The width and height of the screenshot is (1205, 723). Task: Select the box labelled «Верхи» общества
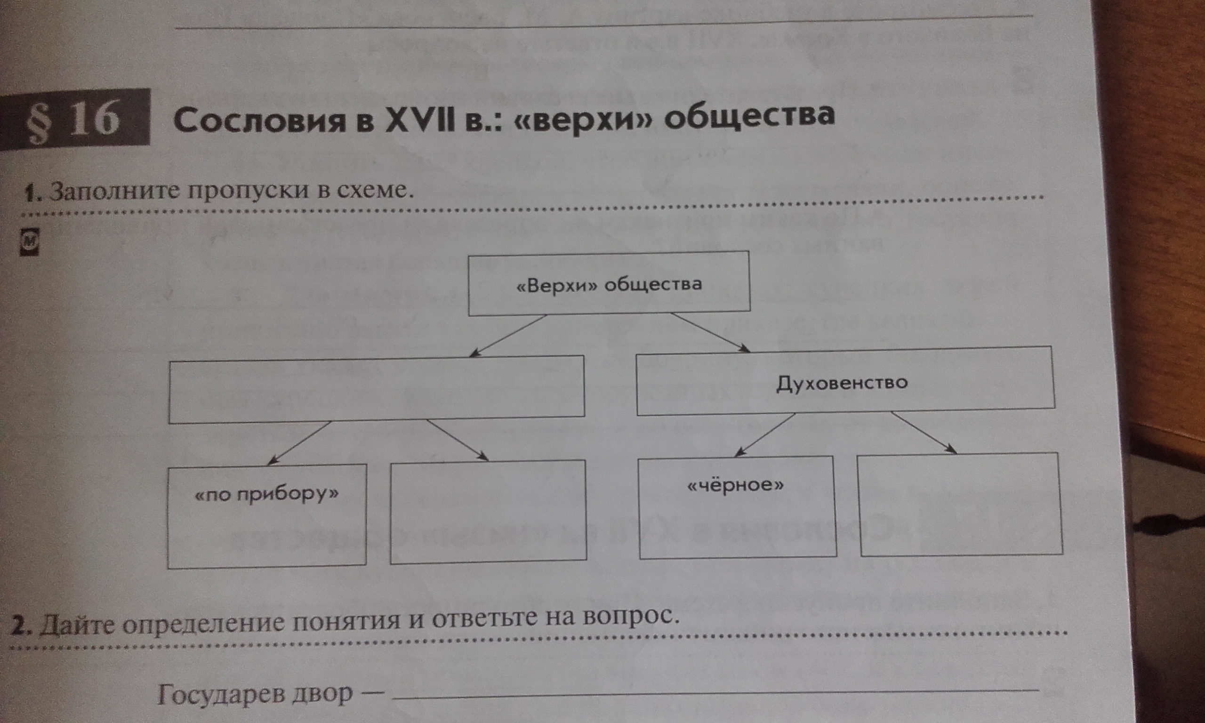coord(609,282)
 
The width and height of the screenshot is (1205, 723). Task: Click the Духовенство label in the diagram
coord(842,383)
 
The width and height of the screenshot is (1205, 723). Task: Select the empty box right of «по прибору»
coord(488,512)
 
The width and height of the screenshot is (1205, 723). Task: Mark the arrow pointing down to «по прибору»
coord(299,442)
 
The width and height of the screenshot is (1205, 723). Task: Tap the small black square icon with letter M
coord(28,242)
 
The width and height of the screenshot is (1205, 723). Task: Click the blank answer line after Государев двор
coord(715,695)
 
